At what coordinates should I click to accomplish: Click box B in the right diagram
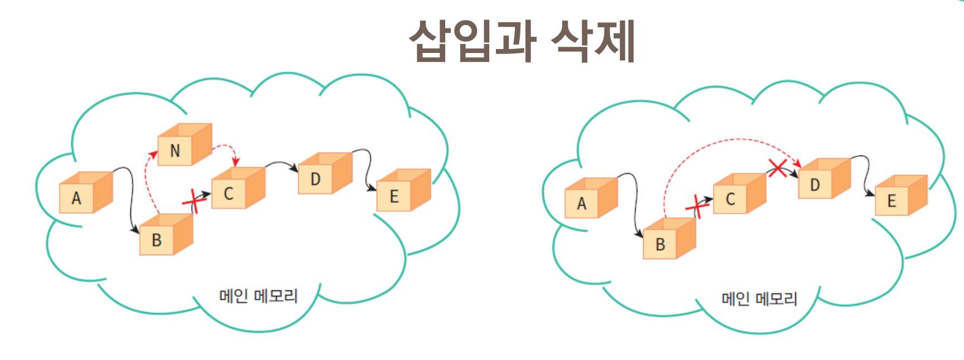[x=669, y=239]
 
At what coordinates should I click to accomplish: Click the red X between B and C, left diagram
[x=193, y=200]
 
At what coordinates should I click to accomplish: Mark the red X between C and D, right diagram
[x=778, y=167]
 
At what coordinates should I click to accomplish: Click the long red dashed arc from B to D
[x=724, y=140]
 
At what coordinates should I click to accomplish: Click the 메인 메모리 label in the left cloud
[x=258, y=295]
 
